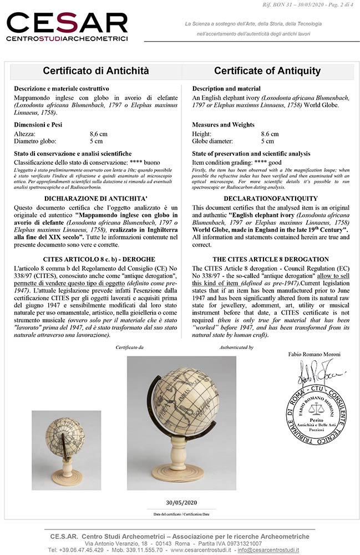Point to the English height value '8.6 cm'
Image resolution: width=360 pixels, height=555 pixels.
(270, 134)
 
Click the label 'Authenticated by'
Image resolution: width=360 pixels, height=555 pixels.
(236, 347)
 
